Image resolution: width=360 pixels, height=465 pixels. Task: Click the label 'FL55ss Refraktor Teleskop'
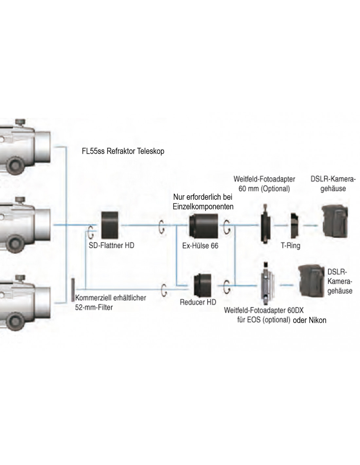123,151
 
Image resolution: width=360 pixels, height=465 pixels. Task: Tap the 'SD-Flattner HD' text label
112,246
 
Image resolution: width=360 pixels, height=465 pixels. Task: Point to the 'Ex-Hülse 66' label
200,246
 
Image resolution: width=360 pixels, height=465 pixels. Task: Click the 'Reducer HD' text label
198,302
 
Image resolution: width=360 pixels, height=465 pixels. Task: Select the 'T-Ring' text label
291,246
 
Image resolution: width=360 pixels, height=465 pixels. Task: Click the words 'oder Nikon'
310,320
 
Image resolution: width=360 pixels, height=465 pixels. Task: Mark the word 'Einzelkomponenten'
203,207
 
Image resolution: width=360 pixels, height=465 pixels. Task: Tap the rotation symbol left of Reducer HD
164,289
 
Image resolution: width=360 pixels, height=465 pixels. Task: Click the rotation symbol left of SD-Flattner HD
91,231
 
